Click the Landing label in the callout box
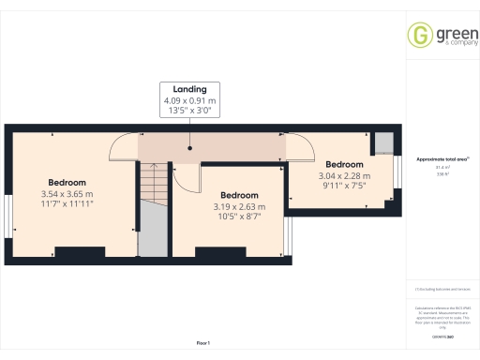coord(189,89)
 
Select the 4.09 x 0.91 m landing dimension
coord(189,99)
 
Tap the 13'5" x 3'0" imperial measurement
coord(189,110)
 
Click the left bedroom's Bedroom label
coord(67,183)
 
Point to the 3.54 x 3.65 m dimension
coord(67,194)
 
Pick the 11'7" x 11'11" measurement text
coord(67,204)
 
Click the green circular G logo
coord(419,35)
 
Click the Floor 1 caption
coord(203,344)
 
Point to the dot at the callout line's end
coord(189,147)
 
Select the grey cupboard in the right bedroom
coord(383,142)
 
